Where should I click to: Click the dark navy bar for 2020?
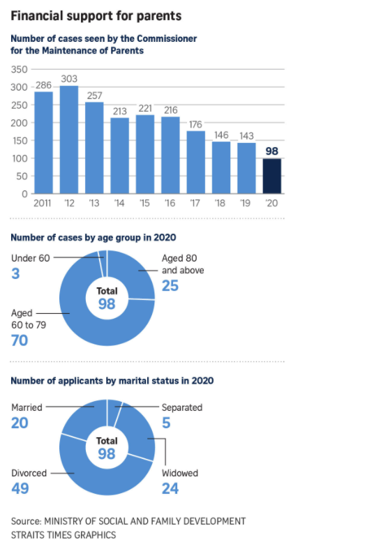pyautogui.click(x=271, y=176)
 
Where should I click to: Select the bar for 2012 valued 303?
pyautogui.click(x=69, y=139)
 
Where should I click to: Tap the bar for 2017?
pyautogui.click(x=196, y=163)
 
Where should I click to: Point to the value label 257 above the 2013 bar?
pyautogui.click(x=95, y=96)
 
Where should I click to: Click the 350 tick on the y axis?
pyautogui.click(x=19, y=69)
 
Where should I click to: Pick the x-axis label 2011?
pyautogui.click(x=42, y=203)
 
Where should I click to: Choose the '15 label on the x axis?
pyautogui.click(x=144, y=203)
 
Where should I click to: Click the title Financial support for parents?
pyautogui.click(x=96, y=16)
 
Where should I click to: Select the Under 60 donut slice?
pyautogui.click(x=103, y=264)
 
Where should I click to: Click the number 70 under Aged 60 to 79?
pyautogui.click(x=20, y=340)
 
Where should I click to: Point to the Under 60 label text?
pyautogui.click(x=31, y=258)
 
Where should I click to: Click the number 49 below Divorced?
pyautogui.click(x=20, y=488)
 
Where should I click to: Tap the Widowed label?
pyautogui.click(x=180, y=473)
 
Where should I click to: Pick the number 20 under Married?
pyautogui.click(x=20, y=423)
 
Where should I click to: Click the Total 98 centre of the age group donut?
pyautogui.click(x=107, y=298)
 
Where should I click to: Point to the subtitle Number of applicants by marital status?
pyautogui.click(x=112, y=381)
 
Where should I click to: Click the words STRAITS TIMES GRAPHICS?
pyautogui.click(x=63, y=535)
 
